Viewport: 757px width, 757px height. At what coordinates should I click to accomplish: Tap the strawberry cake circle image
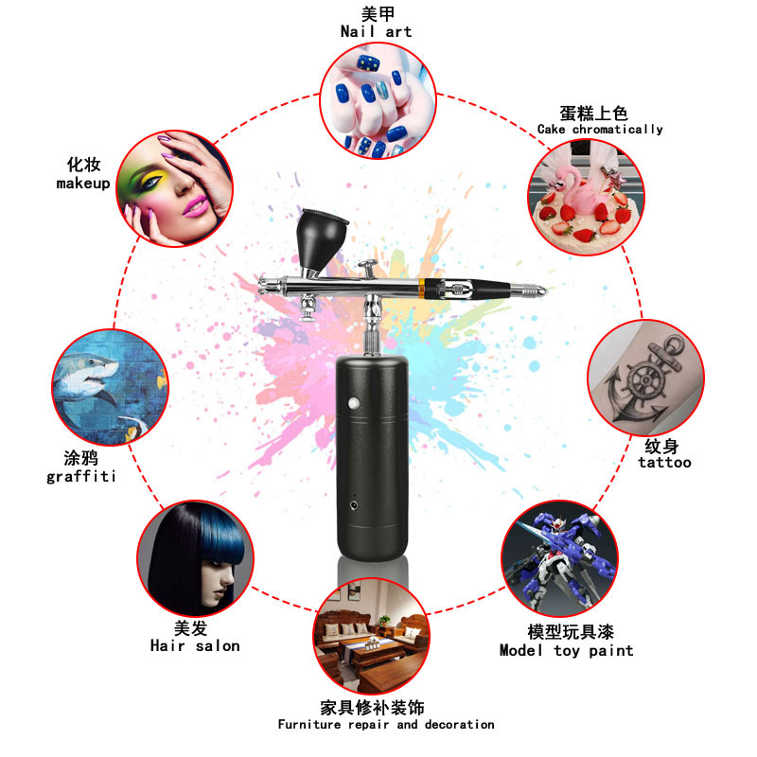click(x=586, y=195)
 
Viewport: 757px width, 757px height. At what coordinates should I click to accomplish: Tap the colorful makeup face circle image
click(x=175, y=187)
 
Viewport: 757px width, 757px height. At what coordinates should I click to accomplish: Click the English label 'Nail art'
click(x=376, y=31)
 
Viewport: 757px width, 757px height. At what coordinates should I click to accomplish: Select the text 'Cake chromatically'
click(x=600, y=130)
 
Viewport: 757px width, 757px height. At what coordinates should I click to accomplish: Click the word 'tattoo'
click(x=664, y=463)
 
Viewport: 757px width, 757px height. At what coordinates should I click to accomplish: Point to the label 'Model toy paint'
click(x=566, y=650)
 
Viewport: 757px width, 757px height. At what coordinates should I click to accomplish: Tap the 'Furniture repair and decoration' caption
click(x=386, y=725)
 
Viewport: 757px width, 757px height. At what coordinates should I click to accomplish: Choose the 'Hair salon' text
click(x=195, y=645)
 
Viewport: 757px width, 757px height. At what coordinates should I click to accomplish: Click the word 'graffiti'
click(x=81, y=476)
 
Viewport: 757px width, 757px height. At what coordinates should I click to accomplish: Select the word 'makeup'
click(x=83, y=184)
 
